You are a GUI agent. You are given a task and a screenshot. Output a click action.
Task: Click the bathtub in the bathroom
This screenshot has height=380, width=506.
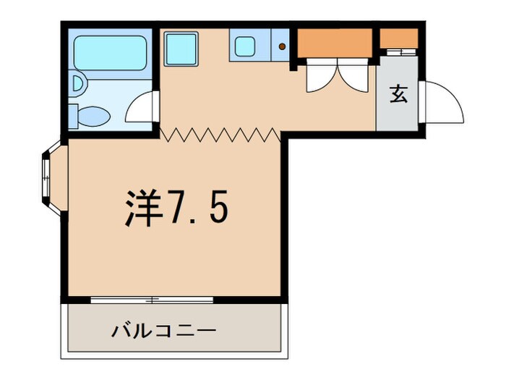click(x=110, y=49)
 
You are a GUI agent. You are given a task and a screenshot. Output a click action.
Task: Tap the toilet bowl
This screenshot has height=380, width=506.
click(x=95, y=114)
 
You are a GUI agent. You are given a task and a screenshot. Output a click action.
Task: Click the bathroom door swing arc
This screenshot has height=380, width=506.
click(x=140, y=108)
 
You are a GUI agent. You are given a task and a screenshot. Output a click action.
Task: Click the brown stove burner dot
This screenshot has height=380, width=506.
click(x=282, y=48)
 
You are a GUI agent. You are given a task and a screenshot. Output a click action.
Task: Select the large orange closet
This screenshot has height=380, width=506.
click(x=335, y=43)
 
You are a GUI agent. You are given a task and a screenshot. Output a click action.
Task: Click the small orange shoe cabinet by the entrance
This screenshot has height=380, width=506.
click(x=399, y=38)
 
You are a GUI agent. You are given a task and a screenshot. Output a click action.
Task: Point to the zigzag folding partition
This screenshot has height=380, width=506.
click(x=220, y=134)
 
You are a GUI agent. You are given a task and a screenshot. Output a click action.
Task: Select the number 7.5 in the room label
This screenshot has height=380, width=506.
click(x=197, y=208)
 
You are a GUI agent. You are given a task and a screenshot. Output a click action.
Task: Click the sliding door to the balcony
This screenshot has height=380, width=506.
click(x=153, y=298)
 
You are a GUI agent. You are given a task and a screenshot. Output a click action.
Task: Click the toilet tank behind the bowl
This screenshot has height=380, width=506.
click(x=73, y=114)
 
